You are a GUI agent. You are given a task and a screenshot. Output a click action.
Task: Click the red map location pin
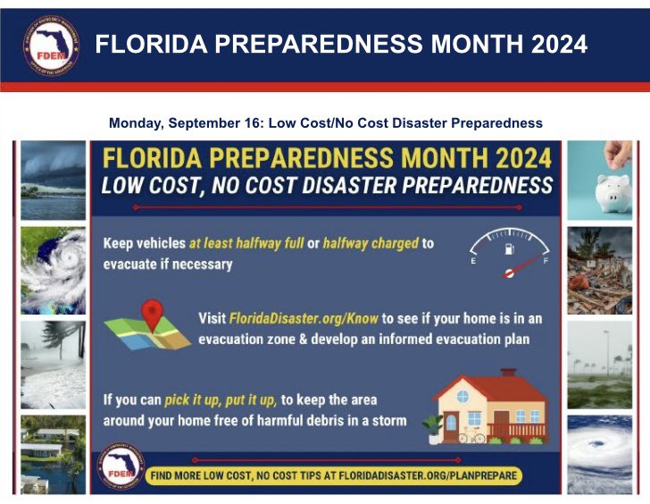[153, 316]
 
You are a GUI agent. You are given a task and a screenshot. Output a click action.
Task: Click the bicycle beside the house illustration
[471, 437]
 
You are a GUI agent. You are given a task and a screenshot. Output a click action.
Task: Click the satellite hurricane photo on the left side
[54, 269]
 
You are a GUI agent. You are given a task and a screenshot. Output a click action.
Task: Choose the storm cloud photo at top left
[54, 179]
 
